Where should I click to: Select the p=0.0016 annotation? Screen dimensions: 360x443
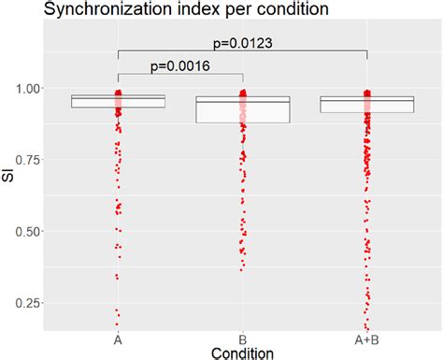click(x=179, y=65)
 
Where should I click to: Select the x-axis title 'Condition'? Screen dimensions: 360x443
click(x=242, y=353)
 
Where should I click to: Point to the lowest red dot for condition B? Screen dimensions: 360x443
click(x=241, y=269)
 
